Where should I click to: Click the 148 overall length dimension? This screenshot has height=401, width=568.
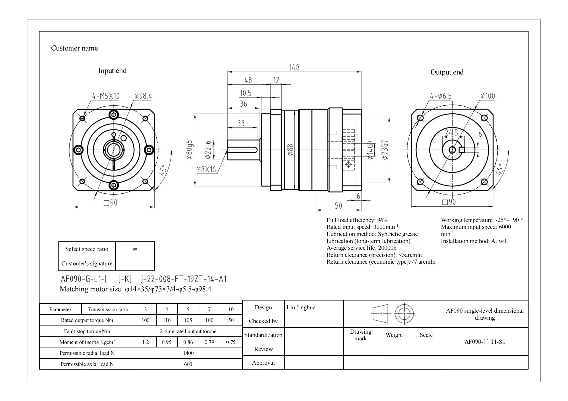pos(294,67)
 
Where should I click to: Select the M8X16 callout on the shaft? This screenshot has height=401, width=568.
pos(206,169)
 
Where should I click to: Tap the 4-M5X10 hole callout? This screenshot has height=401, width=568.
pos(106,96)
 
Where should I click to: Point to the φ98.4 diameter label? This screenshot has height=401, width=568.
pos(143,96)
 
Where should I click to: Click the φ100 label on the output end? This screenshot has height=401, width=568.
pos(487,96)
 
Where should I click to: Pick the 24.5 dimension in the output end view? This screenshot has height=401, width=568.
pos(452,133)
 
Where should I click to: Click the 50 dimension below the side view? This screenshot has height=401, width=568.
pos(338,206)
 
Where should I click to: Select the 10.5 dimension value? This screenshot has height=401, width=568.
pos(245,93)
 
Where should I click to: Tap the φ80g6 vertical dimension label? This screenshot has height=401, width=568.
pos(189,150)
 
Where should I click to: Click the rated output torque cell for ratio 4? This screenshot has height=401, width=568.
pos(166,320)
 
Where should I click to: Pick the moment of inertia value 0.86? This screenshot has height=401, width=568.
pos(188,342)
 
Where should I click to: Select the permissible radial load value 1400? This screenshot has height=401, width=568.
pos(188,353)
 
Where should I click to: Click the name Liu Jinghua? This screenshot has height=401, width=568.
pos(301,307)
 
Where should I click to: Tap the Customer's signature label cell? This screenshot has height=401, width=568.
pos(87,263)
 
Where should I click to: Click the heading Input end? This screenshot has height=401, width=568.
pos(112,71)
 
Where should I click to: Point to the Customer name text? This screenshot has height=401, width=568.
pos(75,48)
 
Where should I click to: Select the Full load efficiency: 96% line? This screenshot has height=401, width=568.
pos(357,220)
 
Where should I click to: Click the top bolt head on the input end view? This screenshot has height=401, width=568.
pos(114,115)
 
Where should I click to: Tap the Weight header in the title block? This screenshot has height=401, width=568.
pos(394,335)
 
